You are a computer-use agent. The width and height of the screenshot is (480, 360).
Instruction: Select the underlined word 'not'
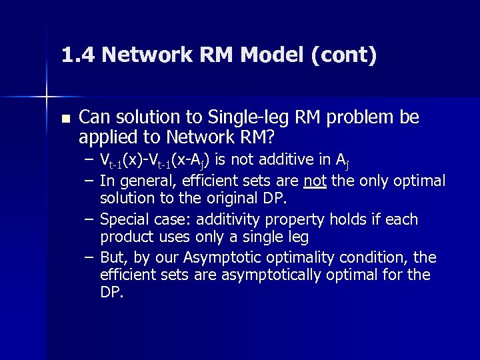tap(314, 181)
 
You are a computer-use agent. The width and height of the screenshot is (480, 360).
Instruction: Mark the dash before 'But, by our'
tap(90, 257)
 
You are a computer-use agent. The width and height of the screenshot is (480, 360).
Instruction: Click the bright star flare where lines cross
tap(47, 97)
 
